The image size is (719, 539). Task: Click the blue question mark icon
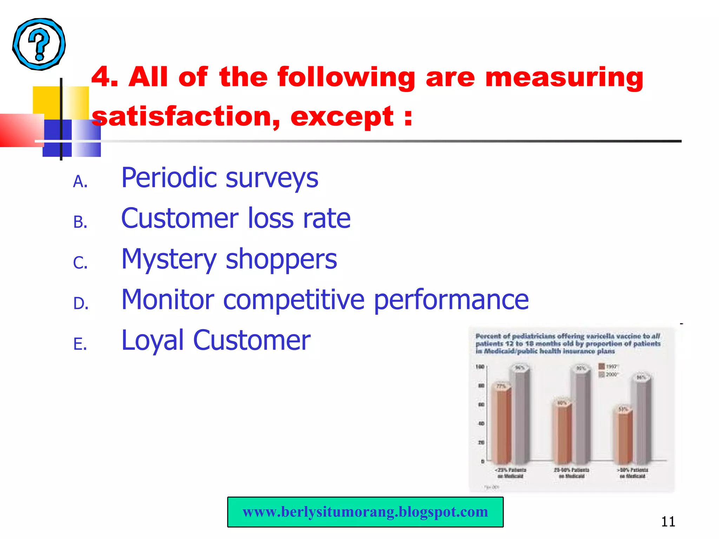tap(39, 44)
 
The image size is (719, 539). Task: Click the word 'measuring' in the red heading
tap(564, 78)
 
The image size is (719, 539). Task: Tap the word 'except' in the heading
tap(342, 117)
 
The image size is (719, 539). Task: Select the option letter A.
tap(80, 181)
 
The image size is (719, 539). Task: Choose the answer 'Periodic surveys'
tap(220, 178)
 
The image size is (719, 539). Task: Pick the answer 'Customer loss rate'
tap(236, 218)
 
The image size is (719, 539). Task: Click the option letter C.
tap(80, 263)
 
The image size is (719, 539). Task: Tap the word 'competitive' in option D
tap(294, 300)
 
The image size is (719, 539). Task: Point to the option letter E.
tap(80, 344)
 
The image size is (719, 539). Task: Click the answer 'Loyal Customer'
tap(216, 340)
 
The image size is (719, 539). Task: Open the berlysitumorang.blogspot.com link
tap(365, 512)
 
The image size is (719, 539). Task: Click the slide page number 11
tap(668, 522)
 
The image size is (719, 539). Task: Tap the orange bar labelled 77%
tap(501, 425)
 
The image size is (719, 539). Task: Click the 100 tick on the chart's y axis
tap(480, 367)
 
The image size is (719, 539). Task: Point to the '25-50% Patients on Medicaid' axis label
tap(572, 473)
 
